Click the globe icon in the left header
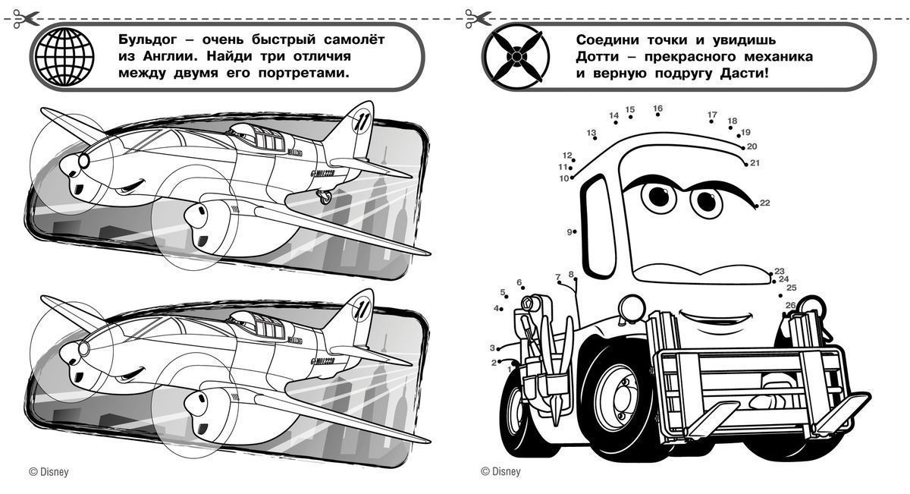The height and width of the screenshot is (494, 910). (64, 56)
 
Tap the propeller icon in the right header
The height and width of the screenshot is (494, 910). (516, 56)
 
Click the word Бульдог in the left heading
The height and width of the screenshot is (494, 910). (148, 40)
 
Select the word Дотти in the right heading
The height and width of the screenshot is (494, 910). (597, 57)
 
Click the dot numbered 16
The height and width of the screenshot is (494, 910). (657, 115)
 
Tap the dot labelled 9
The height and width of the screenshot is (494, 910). (576, 231)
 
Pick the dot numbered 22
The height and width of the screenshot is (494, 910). (756, 206)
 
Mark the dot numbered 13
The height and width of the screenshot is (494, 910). (595, 138)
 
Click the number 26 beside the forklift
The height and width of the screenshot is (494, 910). (790, 305)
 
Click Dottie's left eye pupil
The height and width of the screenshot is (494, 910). (659, 197)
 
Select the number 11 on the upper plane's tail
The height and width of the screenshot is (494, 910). (359, 121)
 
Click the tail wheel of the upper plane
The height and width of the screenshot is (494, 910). (325, 198)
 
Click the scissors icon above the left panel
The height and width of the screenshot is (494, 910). (25, 19)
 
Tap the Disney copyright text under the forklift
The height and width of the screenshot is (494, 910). (500, 472)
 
